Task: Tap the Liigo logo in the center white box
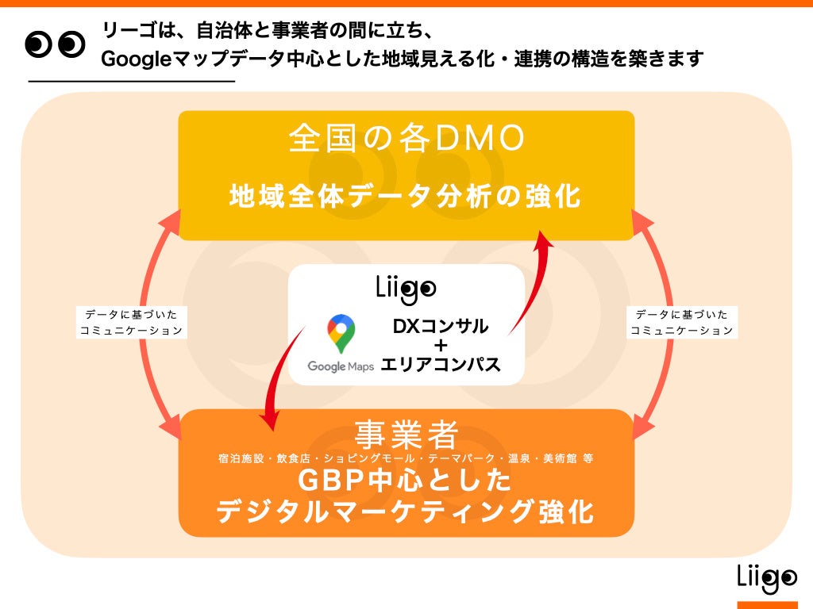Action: click(406, 289)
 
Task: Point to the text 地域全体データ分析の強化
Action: click(406, 196)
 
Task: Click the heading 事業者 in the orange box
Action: click(406, 433)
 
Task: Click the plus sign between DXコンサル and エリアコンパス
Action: click(441, 346)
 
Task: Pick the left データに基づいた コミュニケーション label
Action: click(132, 323)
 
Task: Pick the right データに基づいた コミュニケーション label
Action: click(681, 323)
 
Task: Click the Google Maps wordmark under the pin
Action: click(341, 367)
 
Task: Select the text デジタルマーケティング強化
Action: click(406, 511)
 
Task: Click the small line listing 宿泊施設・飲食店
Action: click(406, 458)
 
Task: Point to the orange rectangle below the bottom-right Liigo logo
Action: click(766, 605)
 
